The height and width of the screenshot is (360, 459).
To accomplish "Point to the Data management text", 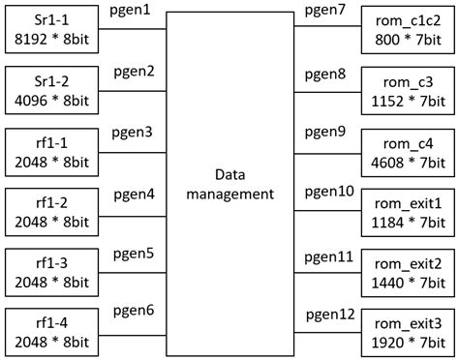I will (x=229, y=184).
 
